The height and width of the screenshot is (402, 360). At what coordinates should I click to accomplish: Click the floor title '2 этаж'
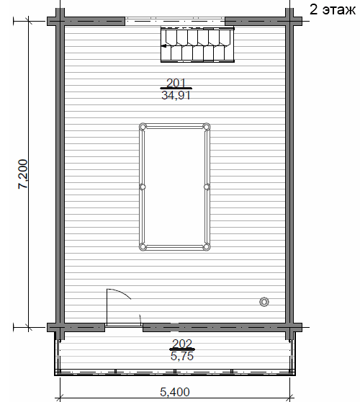click(333, 10)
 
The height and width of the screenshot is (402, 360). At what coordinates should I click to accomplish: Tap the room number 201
click(176, 83)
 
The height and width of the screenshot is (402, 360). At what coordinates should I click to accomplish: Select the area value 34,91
click(176, 95)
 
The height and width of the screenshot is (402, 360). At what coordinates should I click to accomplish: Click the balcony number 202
click(182, 344)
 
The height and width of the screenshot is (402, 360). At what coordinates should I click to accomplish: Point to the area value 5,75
click(182, 356)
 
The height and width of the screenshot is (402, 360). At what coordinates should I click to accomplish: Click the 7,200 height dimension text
click(23, 174)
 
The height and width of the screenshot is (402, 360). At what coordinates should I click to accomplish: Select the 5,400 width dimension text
click(175, 392)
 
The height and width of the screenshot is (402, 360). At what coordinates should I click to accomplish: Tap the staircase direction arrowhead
click(163, 46)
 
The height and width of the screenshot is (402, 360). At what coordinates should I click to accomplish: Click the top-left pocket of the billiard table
click(143, 127)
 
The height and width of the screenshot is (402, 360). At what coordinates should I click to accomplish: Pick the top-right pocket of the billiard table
click(206, 127)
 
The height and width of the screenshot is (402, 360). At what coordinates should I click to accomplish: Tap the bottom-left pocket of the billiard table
click(143, 247)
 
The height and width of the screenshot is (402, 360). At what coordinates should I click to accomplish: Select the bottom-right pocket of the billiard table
click(206, 247)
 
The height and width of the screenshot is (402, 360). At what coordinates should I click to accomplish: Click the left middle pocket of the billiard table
click(143, 187)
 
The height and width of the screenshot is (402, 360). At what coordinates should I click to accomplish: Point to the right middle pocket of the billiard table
click(207, 187)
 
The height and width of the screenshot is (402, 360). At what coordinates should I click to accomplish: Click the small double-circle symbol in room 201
click(264, 302)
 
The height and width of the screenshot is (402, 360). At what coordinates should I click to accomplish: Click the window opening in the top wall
click(175, 21)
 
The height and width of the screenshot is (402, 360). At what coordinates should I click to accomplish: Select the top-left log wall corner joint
click(60, 21)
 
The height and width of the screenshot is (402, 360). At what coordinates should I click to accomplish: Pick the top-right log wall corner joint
click(289, 21)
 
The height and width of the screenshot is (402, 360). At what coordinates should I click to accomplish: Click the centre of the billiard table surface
click(174, 187)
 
